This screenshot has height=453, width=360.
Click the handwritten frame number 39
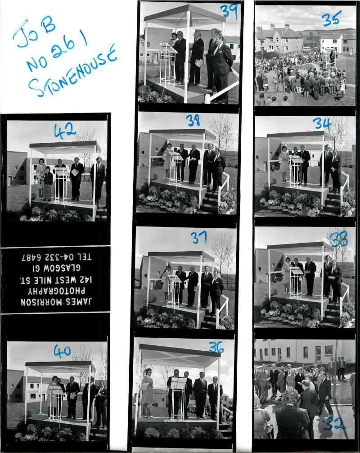[x=229, y=12]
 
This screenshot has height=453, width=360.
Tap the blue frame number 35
[x=331, y=18]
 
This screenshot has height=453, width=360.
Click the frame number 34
[x=323, y=124]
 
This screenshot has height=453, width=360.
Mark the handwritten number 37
[x=198, y=237]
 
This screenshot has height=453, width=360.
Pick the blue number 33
[x=339, y=240]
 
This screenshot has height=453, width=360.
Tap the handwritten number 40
[x=62, y=351]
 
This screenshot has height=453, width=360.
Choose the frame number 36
[x=216, y=347]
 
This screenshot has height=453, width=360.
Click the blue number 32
[x=334, y=424]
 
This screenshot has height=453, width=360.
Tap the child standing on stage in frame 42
[x=48, y=183]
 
